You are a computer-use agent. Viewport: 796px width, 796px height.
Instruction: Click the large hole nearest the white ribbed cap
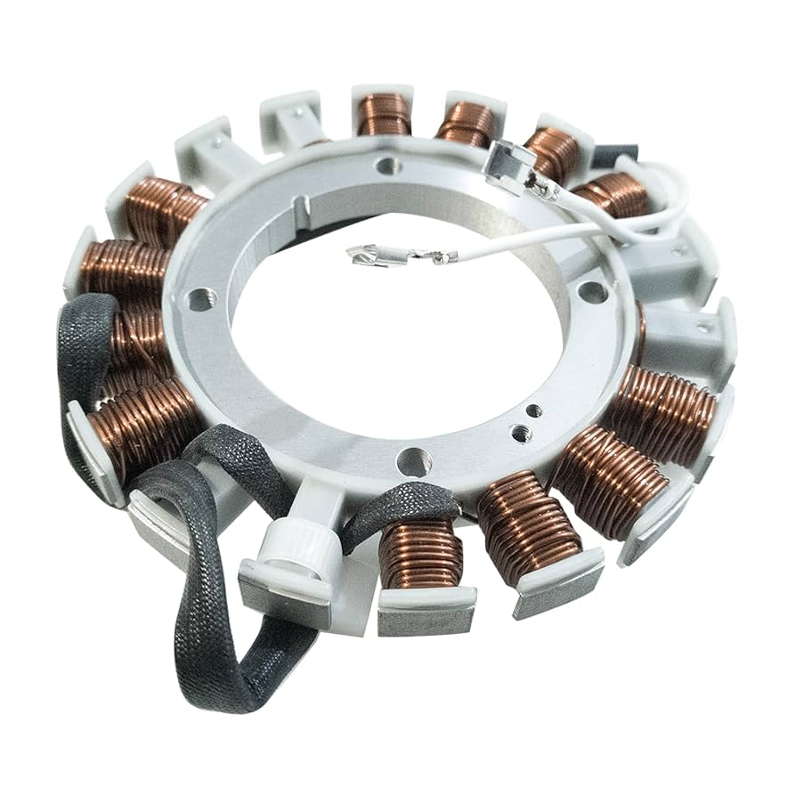point(415,461)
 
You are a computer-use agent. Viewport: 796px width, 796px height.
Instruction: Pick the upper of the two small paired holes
point(533,411)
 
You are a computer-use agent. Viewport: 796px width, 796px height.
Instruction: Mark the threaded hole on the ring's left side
point(199,299)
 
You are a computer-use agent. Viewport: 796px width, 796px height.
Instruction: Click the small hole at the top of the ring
point(387,166)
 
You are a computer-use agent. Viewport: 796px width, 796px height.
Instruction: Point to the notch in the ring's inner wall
point(304,209)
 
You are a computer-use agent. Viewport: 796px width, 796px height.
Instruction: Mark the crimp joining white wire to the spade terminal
point(440,257)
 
